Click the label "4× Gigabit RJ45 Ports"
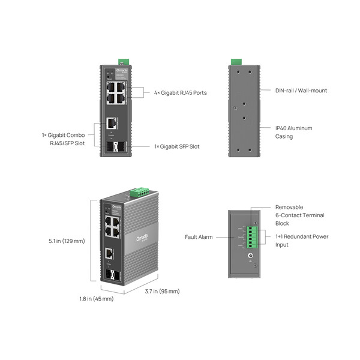pos(181,92)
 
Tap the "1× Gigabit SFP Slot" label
pos(176,146)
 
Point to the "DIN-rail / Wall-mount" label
pos(301,91)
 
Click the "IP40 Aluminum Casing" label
pos(293,132)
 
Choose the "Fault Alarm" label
pos(199,237)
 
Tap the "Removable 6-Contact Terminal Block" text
pos(299,215)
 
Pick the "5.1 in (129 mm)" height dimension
pos(67,241)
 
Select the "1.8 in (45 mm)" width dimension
pos(97,298)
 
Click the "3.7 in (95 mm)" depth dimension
pos(162,292)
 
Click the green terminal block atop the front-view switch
pos(124,61)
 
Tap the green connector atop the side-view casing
pos(236,61)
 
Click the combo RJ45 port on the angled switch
pos(109,253)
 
